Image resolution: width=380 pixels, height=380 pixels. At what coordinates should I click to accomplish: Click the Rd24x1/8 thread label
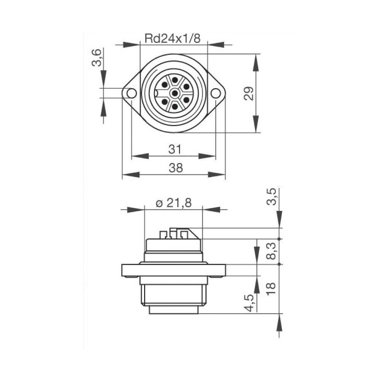[x=172, y=38]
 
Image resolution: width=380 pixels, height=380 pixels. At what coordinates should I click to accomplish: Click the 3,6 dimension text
[x=97, y=57]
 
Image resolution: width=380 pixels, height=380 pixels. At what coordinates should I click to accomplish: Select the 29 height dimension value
[x=249, y=93]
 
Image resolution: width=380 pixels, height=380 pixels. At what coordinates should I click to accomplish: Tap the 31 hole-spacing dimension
[x=174, y=149]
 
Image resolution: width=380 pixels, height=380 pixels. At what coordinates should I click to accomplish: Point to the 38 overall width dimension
[x=174, y=168]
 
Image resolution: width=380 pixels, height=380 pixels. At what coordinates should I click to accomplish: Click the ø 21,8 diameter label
[x=174, y=203]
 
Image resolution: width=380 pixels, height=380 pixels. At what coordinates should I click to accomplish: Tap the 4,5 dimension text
[x=250, y=302]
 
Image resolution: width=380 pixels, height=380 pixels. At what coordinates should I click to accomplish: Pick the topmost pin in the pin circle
[x=174, y=80]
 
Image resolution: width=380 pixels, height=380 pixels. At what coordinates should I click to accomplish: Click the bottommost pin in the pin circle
[x=174, y=106]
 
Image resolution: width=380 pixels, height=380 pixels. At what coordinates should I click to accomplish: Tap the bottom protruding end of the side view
[x=174, y=310]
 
